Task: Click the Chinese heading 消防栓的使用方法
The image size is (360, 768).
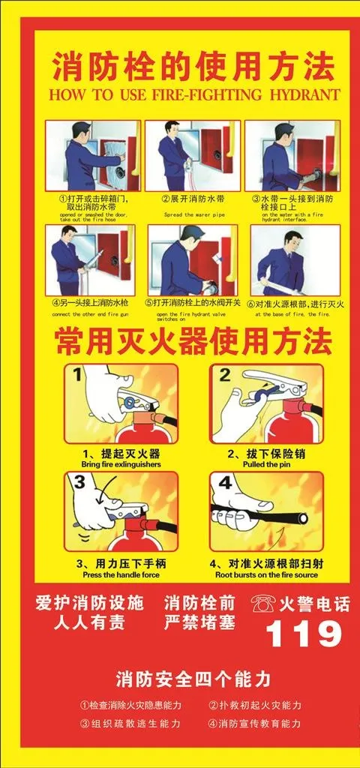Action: (193, 70)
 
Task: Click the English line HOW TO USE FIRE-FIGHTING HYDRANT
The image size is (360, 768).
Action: (193, 95)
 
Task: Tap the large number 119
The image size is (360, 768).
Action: (304, 635)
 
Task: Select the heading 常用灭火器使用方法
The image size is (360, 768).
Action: (193, 343)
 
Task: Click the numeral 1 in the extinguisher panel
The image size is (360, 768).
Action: (79, 373)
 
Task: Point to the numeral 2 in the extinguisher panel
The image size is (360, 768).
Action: (223, 373)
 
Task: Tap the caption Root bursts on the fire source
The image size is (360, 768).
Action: (266, 574)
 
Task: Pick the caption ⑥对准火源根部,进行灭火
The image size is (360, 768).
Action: (295, 304)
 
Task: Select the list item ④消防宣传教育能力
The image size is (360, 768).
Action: (254, 723)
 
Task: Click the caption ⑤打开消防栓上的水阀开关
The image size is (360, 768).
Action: (193, 304)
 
